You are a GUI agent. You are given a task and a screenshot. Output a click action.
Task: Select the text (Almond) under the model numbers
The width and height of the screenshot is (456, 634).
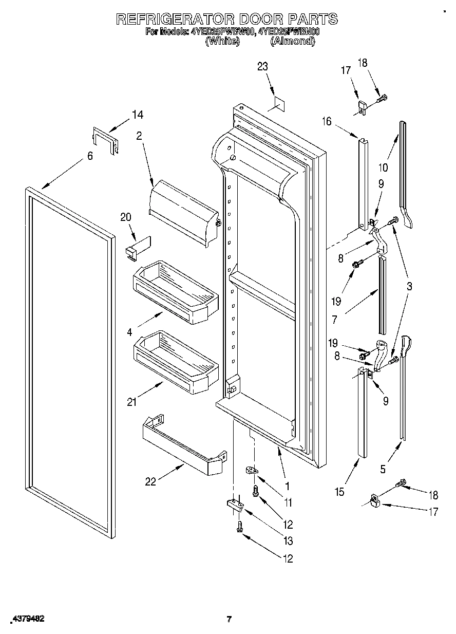(x=292, y=42)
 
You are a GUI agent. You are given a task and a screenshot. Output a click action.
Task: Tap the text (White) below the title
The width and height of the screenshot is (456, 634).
(x=222, y=42)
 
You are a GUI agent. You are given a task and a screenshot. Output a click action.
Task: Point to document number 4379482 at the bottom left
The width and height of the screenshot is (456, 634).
(x=25, y=619)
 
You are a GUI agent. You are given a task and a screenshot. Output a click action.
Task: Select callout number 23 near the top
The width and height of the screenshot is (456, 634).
(x=262, y=66)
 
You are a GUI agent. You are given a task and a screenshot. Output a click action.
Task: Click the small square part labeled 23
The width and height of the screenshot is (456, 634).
(x=276, y=103)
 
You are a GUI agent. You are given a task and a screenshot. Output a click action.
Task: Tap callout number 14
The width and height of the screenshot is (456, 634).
(x=137, y=115)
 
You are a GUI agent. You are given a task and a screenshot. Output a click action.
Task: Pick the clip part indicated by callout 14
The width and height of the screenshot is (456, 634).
(x=105, y=140)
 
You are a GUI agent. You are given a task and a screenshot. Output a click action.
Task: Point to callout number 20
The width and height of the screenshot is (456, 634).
(x=126, y=217)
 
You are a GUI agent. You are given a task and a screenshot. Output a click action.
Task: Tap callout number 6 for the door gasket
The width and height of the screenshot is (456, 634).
(x=90, y=156)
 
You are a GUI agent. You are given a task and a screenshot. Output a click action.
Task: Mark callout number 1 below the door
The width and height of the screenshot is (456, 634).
(x=287, y=485)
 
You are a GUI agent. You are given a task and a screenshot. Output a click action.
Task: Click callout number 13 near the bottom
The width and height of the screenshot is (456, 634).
(x=287, y=540)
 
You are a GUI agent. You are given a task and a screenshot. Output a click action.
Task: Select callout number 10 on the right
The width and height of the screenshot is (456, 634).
(x=383, y=167)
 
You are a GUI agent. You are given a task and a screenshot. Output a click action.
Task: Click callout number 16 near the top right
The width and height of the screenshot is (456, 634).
(x=326, y=121)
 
